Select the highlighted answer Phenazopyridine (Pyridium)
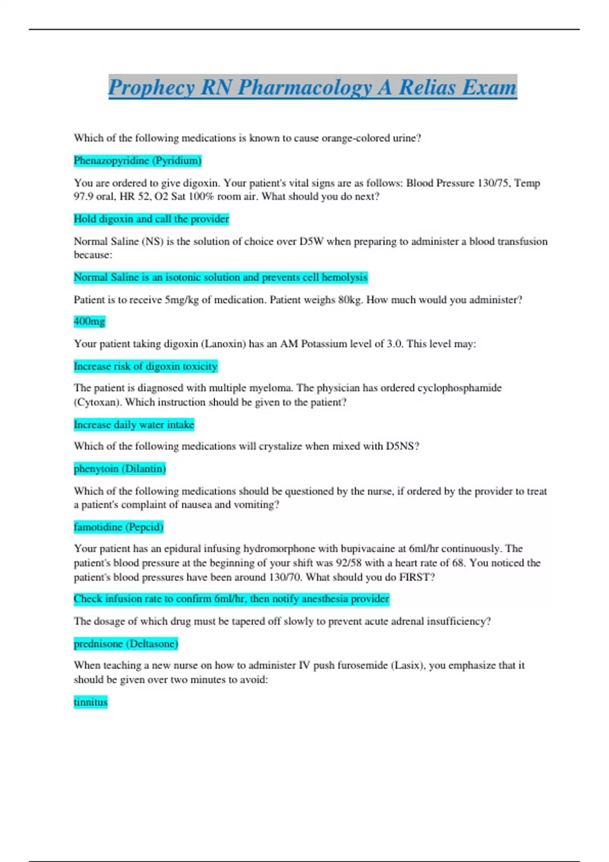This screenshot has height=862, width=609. tap(138, 161)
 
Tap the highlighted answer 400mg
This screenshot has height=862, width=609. tap(89, 321)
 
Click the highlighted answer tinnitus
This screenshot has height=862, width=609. tap(90, 702)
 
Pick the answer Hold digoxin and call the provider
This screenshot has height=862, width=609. tap(151, 219)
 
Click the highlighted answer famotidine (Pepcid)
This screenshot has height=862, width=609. tap(118, 527)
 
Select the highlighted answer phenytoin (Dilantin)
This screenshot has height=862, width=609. tap(120, 469)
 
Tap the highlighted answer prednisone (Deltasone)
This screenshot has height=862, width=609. tap(126, 644)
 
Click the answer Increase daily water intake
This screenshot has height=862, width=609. tap(134, 424)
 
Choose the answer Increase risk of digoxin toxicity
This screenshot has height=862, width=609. tap(146, 366)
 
